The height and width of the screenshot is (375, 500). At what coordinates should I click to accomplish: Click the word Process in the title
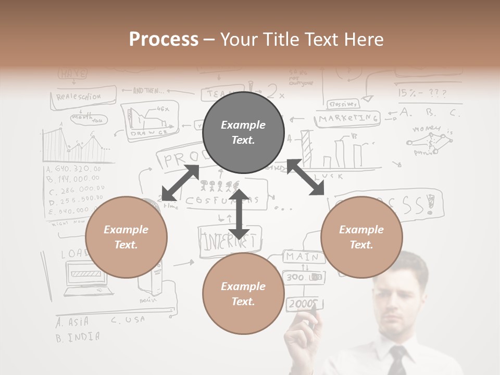[x=164, y=39]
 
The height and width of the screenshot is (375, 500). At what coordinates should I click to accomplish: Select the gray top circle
[x=243, y=132]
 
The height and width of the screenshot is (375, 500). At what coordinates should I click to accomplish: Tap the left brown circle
[x=126, y=237]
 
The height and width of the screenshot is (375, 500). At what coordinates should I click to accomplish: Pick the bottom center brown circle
[x=243, y=294]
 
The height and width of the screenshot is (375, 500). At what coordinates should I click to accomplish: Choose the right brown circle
[x=361, y=237]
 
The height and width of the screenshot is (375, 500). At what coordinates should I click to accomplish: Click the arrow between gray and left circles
[x=180, y=183]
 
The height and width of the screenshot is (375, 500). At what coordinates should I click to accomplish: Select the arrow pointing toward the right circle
[x=306, y=178]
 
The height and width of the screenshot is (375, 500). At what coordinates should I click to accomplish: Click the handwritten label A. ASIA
[x=72, y=321]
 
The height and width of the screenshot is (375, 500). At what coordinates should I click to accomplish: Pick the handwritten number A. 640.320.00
[x=73, y=169]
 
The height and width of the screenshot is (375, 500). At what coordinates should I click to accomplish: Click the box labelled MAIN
[x=302, y=257]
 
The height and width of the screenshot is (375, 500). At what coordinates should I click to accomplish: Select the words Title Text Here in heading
[x=302, y=39]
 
